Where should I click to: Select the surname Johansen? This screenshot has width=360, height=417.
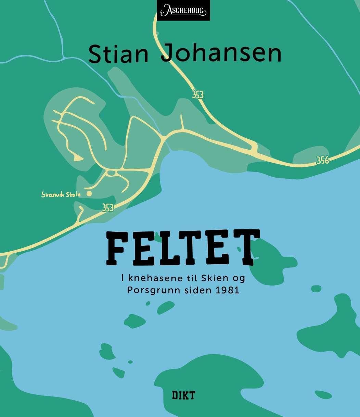(x=221, y=54)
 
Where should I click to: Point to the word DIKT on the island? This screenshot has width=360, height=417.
(x=183, y=395)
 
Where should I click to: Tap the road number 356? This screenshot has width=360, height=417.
(x=322, y=160)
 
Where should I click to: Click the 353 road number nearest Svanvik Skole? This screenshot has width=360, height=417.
(x=108, y=207)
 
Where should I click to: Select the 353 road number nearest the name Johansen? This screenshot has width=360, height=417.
(x=197, y=94)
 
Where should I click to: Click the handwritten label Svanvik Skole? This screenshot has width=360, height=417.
(x=61, y=194)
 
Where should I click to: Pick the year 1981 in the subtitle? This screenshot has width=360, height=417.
(x=228, y=290)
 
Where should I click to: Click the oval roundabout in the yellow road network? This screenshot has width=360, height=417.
(x=111, y=173)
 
